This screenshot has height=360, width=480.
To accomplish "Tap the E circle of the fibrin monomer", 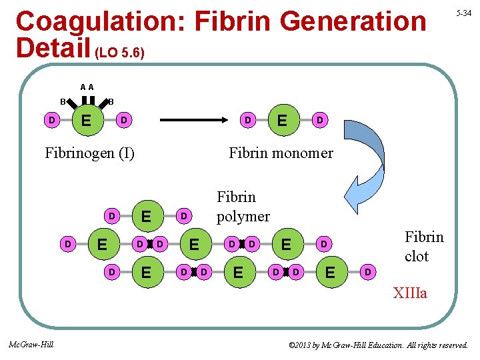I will (283, 121).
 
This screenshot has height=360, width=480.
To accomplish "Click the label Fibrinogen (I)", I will (89, 153).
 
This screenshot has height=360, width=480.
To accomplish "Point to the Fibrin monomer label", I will (281, 153).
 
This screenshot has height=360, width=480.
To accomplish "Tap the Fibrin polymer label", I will (243, 207).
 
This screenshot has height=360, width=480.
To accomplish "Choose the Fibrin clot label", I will (424, 247).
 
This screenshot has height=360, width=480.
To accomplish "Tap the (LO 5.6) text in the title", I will (121, 51).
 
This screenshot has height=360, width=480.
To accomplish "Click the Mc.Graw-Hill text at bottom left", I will (31, 344).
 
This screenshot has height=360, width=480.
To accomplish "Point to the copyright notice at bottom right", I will (378, 345).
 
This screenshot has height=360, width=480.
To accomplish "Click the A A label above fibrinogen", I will (87, 87).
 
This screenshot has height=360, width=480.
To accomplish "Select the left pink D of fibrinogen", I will (51, 120).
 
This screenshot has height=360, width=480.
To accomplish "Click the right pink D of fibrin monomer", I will (320, 121).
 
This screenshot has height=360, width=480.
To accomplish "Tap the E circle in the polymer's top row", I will (147, 216).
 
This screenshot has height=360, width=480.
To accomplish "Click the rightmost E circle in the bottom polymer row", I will (329, 272).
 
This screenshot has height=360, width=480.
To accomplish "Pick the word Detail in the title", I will (52, 48).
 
